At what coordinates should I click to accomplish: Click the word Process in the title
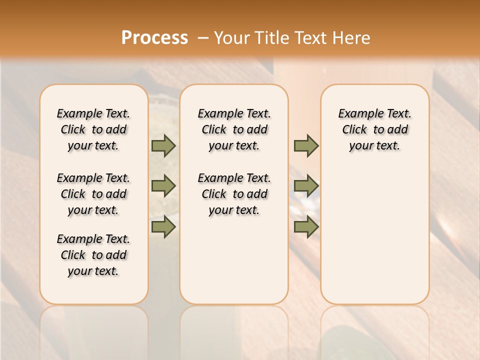[x=154, y=37]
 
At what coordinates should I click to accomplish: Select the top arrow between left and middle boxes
[x=163, y=145]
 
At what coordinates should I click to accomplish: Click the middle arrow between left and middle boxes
[x=163, y=186]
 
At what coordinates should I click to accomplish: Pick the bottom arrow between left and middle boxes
[x=163, y=226]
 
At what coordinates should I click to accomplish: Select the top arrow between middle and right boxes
[x=306, y=145]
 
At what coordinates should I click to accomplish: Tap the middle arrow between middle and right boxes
[x=306, y=186]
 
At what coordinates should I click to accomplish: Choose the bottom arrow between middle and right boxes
[x=306, y=226]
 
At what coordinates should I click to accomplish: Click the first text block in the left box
[x=93, y=129]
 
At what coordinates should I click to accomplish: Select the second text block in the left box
[x=93, y=194]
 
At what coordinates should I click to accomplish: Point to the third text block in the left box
[x=93, y=255]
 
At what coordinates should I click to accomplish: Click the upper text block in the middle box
[x=234, y=129]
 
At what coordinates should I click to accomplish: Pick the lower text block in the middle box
[x=234, y=194]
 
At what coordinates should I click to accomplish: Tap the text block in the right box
[x=374, y=129]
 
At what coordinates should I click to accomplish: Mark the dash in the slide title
[x=202, y=37]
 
